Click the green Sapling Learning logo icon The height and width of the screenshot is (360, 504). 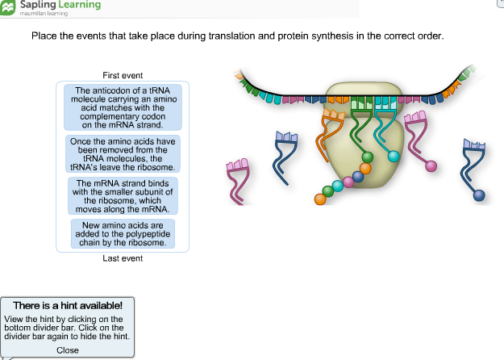(x=7, y=7)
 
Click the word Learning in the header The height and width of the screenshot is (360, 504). (x=79, y=5)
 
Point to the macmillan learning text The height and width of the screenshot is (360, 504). (x=44, y=14)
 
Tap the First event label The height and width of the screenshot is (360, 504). (x=123, y=75)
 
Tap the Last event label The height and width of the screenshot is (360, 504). (x=123, y=258)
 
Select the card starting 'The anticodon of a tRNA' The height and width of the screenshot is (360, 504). (x=123, y=107)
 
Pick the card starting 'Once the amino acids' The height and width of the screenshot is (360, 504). (x=123, y=154)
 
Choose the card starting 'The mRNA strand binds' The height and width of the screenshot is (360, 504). (x=123, y=196)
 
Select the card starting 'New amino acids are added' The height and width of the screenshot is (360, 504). (x=123, y=234)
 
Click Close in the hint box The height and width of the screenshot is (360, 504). (x=68, y=350)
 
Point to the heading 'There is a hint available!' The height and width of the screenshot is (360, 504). (x=68, y=305)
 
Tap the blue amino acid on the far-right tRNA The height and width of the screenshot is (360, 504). (x=479, y=195)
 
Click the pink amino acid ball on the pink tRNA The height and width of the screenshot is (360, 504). (x=431, y=166)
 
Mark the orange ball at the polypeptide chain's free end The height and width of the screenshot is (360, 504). (x=320, y=199)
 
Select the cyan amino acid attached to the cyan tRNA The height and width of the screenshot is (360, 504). (x=394, y=157)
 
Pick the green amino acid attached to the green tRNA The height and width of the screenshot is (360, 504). (x=368, y=157)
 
